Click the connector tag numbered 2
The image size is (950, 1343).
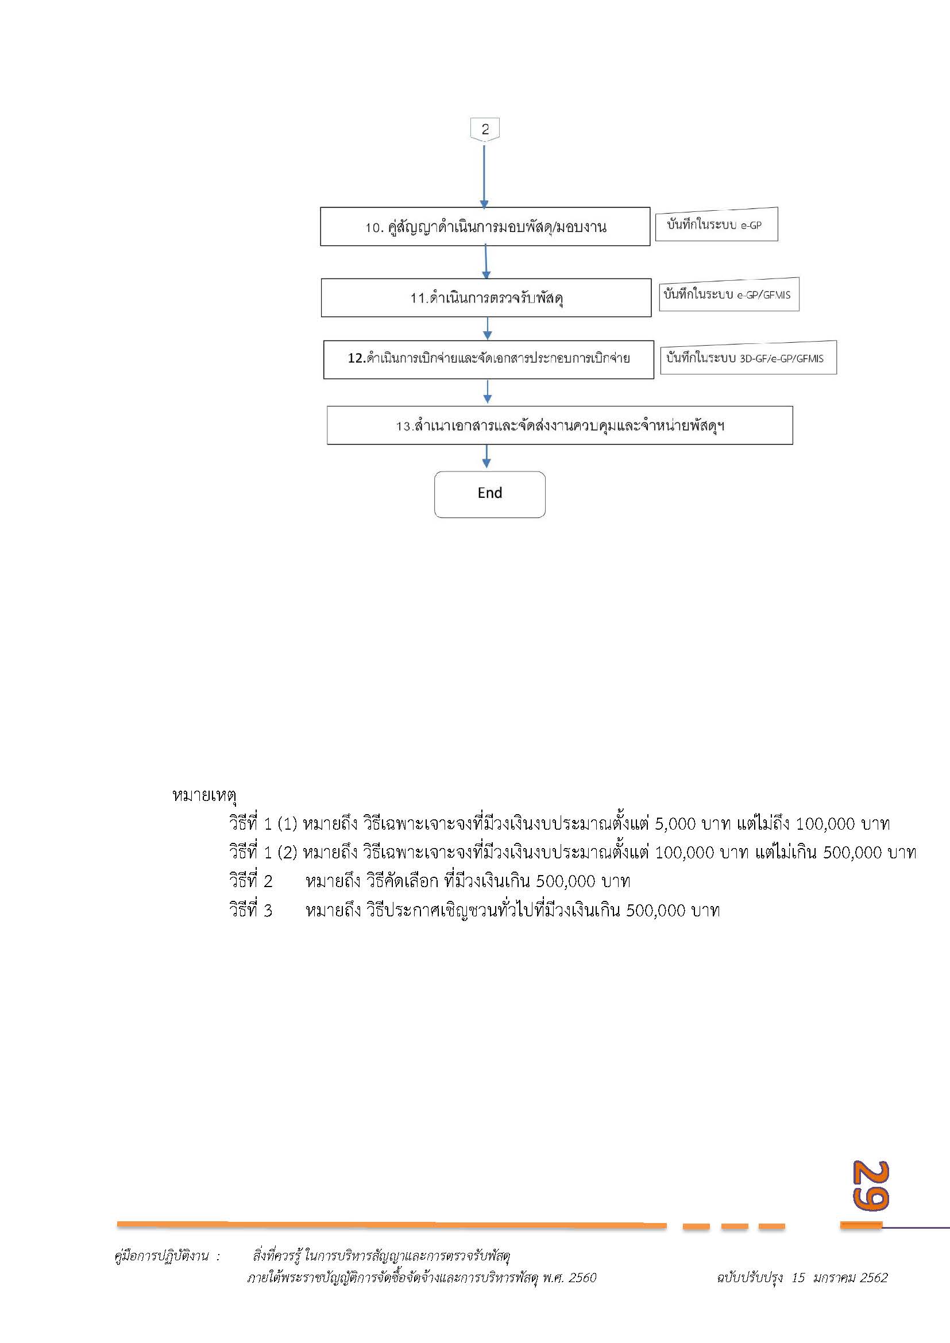point(484,129)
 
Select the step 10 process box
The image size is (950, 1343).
point(485,226)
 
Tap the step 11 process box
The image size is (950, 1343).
point(485,298)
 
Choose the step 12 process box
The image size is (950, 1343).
point(488,359)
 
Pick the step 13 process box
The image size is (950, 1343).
point(559,425)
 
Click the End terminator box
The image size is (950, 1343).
point(489,494)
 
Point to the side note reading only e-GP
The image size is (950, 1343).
point(716,225)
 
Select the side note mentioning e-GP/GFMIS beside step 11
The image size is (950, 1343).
point(728,294)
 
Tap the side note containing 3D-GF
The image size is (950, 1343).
point(748,357)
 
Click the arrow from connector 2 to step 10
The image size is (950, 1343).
point(484,176)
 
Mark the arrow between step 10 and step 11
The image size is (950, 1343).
point(485,262)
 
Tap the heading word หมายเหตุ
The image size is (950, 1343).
point(203,795)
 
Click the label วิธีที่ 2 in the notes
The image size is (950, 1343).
point(250,881)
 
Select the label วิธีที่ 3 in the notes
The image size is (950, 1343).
point(250,911)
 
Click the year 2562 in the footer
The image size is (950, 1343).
point(874,1278)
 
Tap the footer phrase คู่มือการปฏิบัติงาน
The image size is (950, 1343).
point(161,1256)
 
